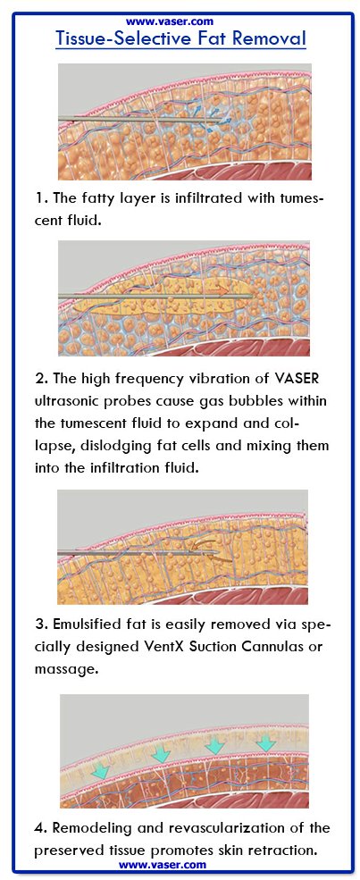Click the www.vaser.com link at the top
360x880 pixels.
click(170, 21)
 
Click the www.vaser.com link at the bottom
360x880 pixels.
click(162, 865)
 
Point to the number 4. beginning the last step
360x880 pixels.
click(41, 828)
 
